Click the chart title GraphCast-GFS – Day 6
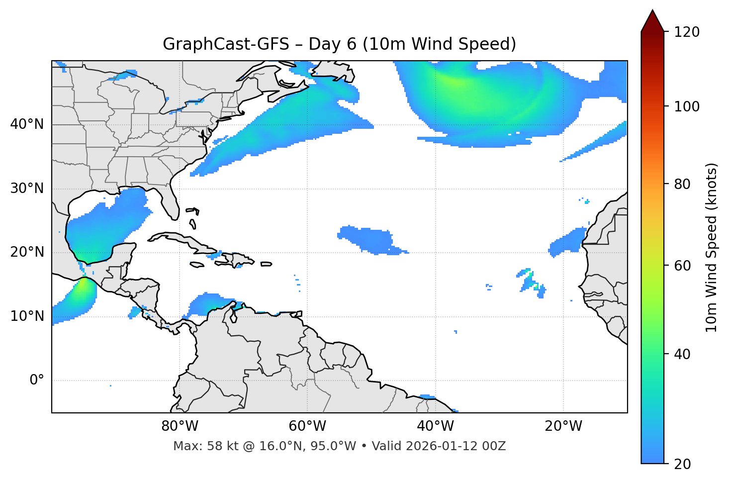click(339, 44)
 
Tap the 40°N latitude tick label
click(27, 124)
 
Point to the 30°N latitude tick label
click(27, 189)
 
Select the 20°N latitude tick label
click(27, 252)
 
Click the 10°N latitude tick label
click(27, 316)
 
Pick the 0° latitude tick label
click(37, 381)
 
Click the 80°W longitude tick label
click(180, 426)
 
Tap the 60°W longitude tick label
click(307, 426)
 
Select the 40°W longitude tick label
click(436, 426)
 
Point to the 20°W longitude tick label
click(563, 426)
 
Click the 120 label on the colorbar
click(687, 32)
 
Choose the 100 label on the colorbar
click(687, 106)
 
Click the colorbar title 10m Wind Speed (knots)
click(712, 247)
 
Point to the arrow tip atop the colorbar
click(652, 11)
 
